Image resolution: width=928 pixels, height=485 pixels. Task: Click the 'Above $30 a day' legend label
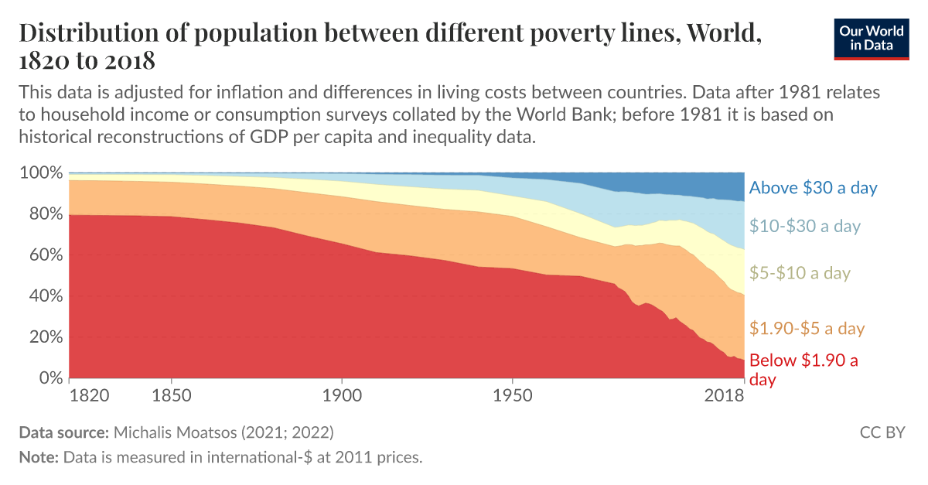click(814, 187)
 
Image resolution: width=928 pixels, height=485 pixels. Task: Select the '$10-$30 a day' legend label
click(805, 226)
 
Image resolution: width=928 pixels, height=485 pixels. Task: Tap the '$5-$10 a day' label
click(800, 272)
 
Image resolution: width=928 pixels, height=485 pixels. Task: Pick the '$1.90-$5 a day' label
click(807, 328)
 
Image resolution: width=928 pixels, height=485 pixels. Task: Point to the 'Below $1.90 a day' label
click(803, 369)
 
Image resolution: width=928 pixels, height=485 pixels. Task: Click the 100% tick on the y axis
click(39, 172)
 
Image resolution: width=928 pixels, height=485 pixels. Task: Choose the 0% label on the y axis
click(48, 378)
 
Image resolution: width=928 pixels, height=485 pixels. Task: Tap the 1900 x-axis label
click(342, 396)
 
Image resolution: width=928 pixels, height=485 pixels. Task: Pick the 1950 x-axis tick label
click(512, 396)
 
